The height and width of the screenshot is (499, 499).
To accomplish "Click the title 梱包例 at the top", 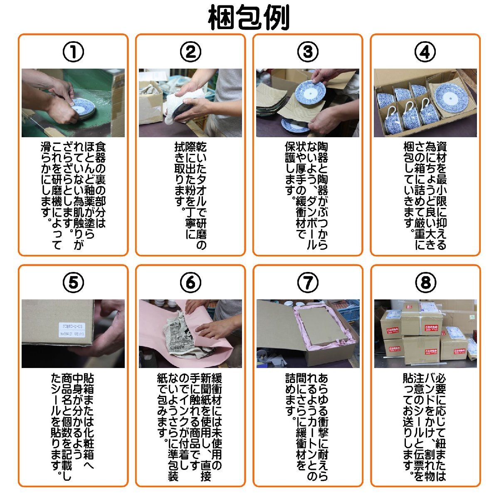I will tap(249, 17).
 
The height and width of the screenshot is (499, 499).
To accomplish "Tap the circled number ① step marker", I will tap(73, 52).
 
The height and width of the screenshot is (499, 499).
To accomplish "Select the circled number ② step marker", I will tap(190, 52).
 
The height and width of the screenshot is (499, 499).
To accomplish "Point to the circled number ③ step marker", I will tap(308, 52).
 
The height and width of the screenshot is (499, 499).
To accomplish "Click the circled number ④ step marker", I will tap(425, 52).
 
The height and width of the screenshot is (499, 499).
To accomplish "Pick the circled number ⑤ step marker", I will tap(73, 283).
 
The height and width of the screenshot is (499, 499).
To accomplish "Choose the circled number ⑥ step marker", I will tap(190, 283).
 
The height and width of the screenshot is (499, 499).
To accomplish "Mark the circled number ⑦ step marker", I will tap(308, 283).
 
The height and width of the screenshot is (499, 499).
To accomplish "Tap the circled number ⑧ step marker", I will tap(425, 283).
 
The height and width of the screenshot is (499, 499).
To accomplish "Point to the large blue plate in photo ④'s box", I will tap(451, 96).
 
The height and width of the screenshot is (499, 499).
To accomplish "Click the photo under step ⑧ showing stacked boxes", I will tap(425, 333).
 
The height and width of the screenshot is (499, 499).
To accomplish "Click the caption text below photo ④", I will tap(425, 195).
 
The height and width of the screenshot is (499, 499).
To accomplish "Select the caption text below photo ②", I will tap(190, 195).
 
